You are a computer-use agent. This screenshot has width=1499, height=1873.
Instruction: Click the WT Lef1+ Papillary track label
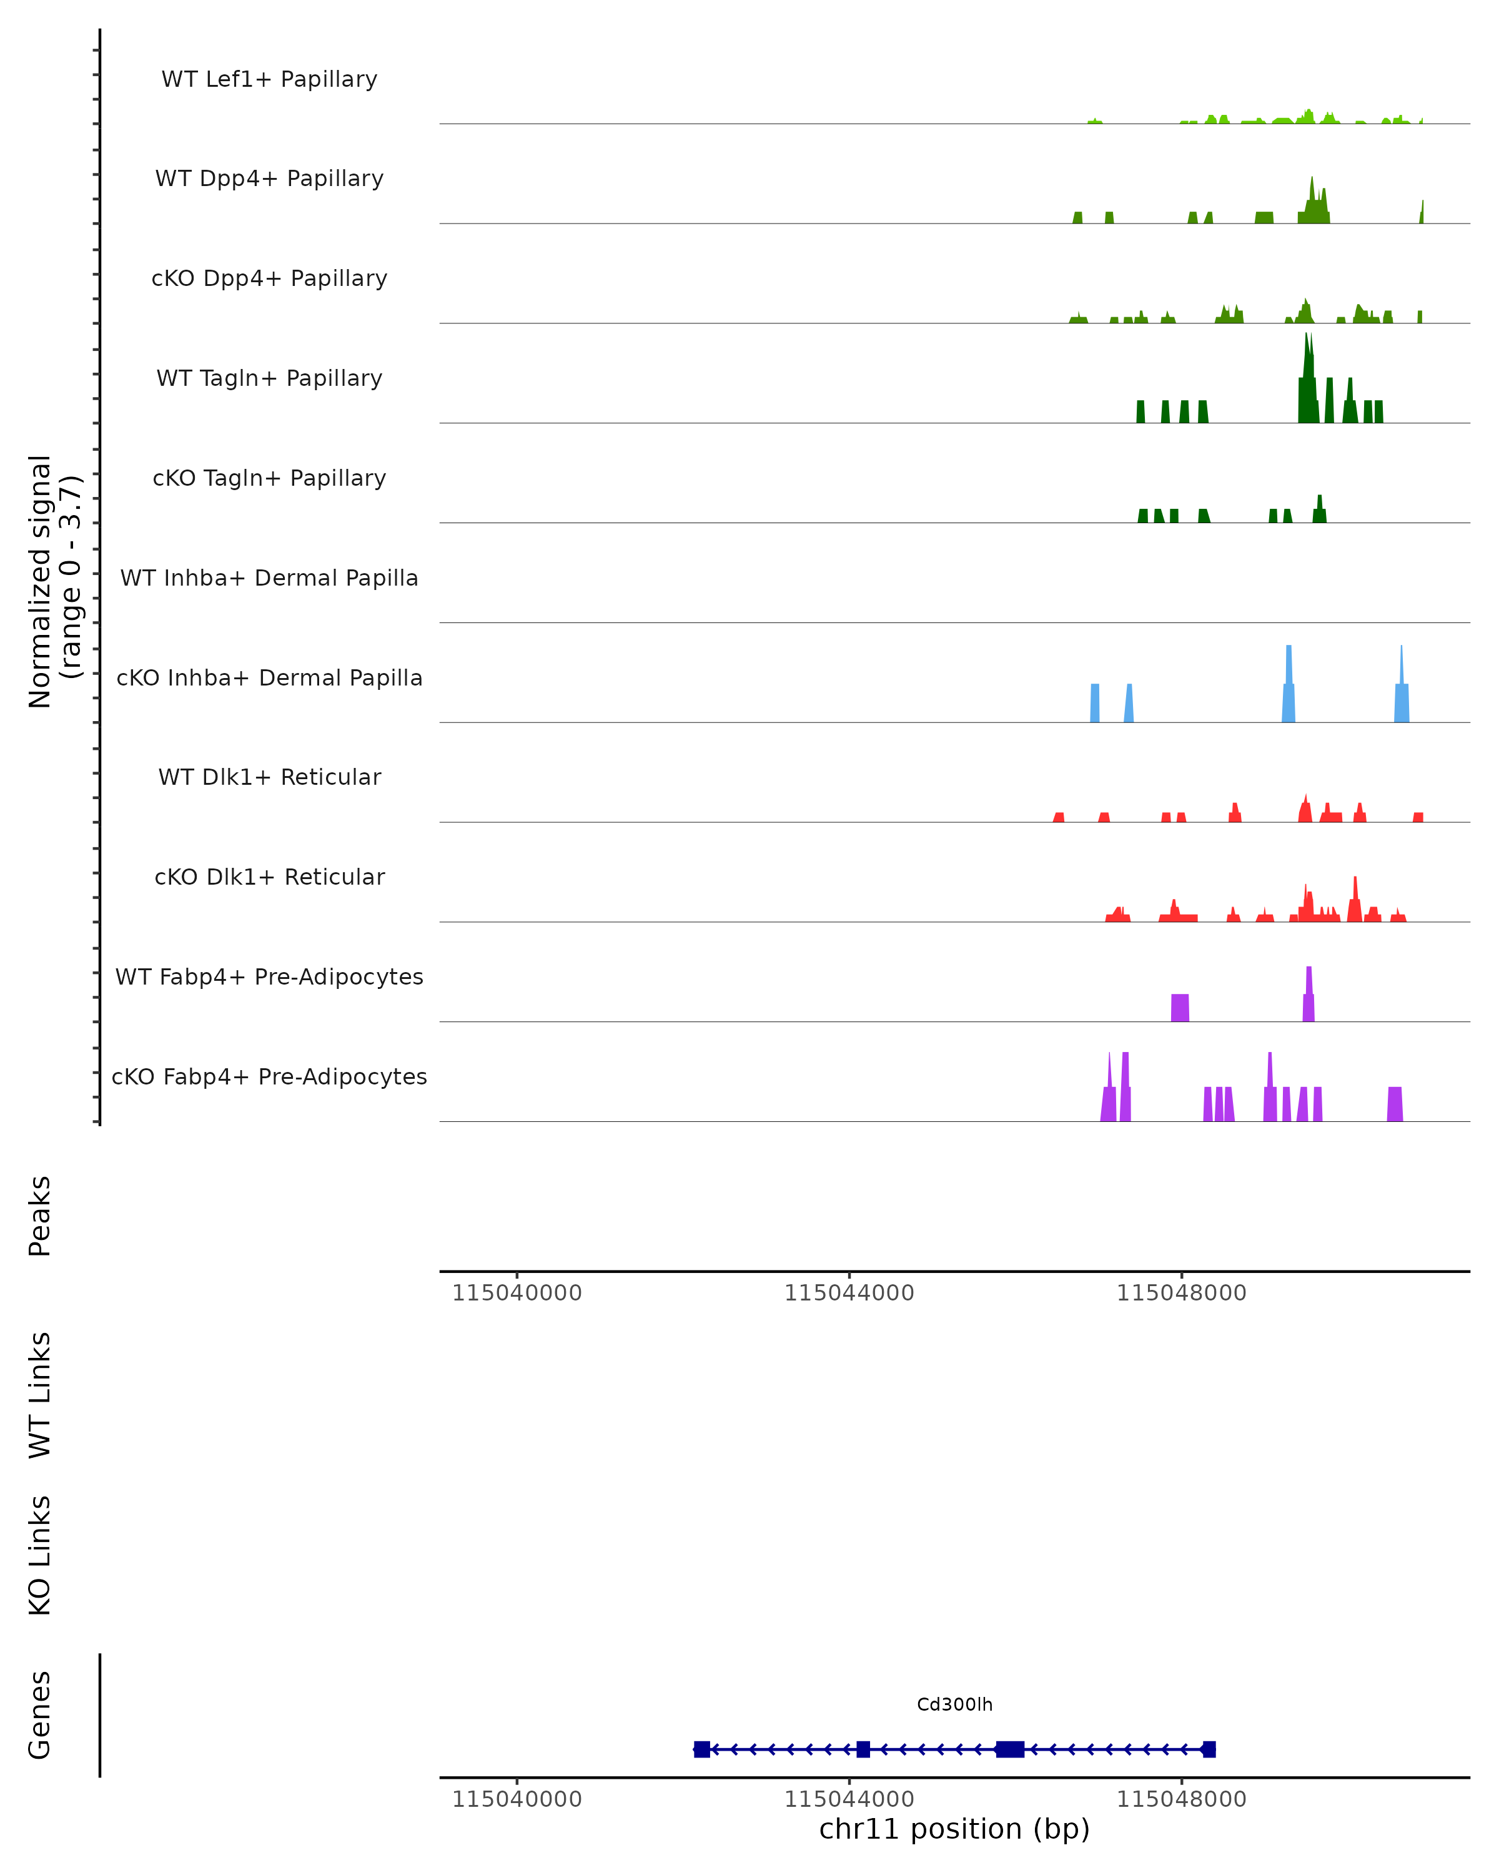tap(269, 79)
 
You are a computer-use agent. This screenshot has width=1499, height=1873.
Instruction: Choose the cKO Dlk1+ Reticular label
tap(269, 877)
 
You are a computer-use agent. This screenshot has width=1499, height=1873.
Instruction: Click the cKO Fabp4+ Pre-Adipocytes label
tap(269, 1076)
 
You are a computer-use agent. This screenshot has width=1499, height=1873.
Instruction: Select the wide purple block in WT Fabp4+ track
tap(1180, 1008)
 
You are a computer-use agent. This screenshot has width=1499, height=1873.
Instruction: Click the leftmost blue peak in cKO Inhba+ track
tap(1095, 703)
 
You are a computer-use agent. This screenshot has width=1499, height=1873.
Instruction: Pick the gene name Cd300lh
tap(954, 1704)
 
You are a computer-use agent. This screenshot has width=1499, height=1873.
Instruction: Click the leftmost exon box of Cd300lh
tap(702, 1749)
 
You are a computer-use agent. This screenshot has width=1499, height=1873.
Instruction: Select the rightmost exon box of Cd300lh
tap(1209, 1749)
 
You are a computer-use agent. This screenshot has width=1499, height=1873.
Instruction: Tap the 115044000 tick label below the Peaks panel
tap(849, 1293)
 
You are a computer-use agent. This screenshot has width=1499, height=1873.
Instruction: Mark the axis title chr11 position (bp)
tap(954, 1829)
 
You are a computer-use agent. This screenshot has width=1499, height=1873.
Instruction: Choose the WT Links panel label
tap(40, 1394)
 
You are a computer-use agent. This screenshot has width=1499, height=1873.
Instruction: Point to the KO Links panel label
tap(40, 1555)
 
